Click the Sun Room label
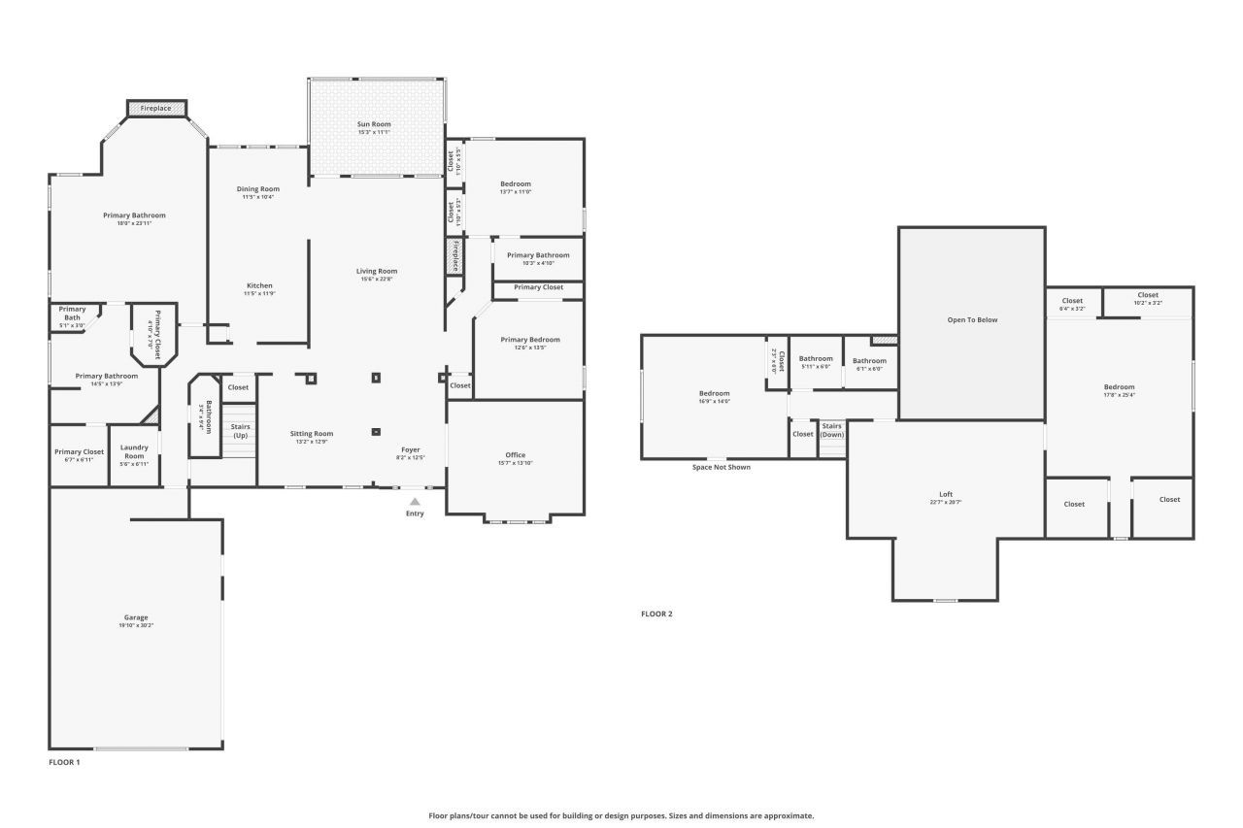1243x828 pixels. click(374, 124)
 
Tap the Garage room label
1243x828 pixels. click(136, 617)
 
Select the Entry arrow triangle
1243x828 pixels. click(415, 502)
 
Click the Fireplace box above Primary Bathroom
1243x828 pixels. click(156, 109)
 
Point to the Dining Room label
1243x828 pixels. click(258, 188)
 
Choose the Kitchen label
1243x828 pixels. click(259, 285)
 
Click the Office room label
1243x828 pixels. click(515, 455)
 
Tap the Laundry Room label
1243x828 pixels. click(134, 451)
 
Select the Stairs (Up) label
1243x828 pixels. click(240, 431)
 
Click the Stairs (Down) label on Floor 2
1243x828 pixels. click(832, 430)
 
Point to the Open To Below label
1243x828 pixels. click(972, 319)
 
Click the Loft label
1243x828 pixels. click(946, 494)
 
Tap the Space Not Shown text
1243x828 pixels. click(721, 467)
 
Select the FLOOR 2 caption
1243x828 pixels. click(656, 613)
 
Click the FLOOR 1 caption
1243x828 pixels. click(64, 762)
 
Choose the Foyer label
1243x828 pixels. click(412, 449)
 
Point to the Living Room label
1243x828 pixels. click(376, 271)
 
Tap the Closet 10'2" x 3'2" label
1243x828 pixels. click(1148, 295)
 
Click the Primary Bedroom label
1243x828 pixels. click(530, 340)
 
